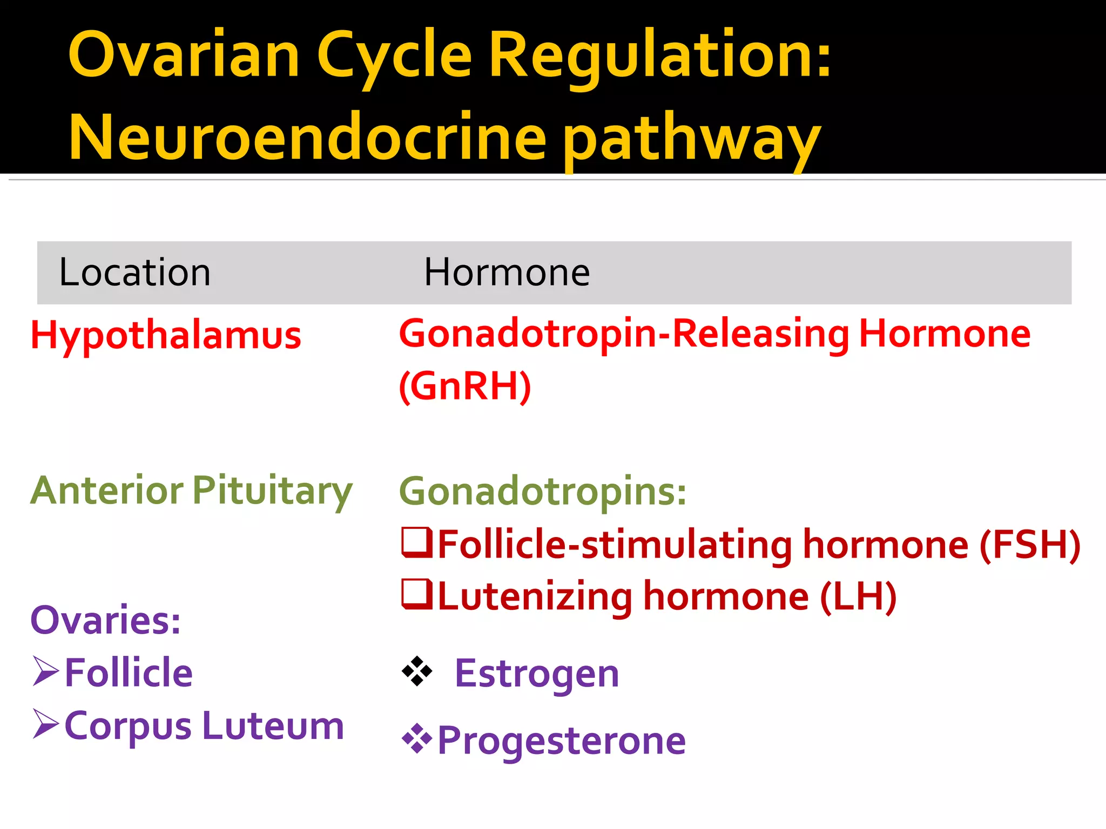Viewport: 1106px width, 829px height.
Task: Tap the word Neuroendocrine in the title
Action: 307,138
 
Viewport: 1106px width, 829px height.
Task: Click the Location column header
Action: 134,273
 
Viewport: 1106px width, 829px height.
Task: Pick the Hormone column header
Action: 507,273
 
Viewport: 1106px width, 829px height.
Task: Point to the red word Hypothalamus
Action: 166,336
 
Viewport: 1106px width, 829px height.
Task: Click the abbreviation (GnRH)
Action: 465,386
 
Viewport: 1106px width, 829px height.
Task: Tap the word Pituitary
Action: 272,491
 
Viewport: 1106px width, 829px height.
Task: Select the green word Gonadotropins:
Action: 542,492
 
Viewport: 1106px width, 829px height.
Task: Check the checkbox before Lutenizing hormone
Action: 417,594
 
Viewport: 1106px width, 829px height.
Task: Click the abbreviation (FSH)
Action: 1029,545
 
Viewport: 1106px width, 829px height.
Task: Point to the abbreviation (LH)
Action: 858,596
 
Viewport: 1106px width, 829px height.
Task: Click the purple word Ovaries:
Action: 105,620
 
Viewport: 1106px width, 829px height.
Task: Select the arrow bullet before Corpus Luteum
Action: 46,724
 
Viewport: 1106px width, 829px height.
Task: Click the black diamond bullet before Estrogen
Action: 417,671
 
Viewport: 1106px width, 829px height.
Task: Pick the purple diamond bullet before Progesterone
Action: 417,739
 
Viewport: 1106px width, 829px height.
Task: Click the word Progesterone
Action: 562,740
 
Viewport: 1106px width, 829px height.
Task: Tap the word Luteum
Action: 273,725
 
